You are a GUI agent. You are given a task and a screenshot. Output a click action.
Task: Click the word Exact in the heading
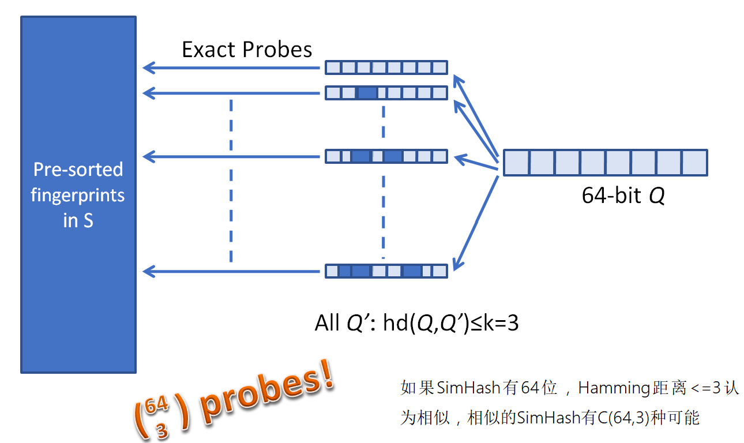pos(209,50)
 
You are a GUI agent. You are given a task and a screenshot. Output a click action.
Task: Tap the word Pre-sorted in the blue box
pos(78,170)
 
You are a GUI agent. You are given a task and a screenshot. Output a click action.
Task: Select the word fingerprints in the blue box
pos(78,195)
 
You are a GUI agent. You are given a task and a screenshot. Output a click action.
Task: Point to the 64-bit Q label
pos(623,196)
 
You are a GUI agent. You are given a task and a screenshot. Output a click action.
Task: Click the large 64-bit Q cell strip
pos(605,163)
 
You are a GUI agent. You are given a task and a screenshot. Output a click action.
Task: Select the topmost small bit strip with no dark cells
pos(386,67)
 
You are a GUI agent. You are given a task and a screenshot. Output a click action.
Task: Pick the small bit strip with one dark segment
pos(386,92)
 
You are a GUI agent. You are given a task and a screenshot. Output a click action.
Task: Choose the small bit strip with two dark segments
pos(386,156)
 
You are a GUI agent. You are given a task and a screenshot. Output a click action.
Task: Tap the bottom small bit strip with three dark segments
pos(386,271)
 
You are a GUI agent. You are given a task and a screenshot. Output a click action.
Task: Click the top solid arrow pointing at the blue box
pos(231,68)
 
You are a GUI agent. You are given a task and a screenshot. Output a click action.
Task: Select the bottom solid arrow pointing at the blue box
pos(231,271)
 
